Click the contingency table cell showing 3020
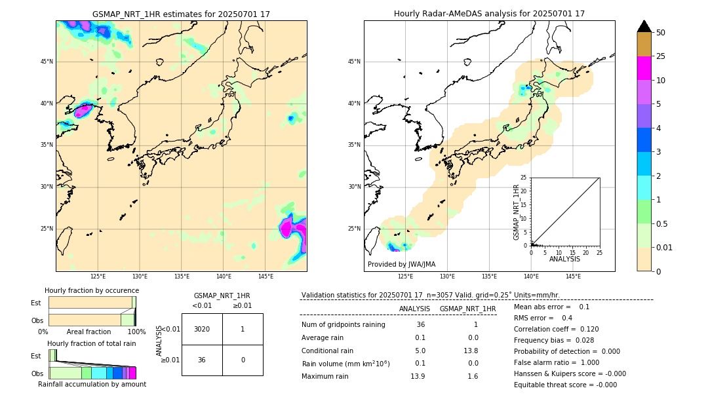(202, 329)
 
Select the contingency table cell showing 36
(202, 360)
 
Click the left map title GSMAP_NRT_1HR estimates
(181, 14)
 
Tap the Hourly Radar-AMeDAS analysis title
(489, 14)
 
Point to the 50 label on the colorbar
(661, 33)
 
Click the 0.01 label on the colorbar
(664, 248)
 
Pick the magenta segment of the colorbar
(644, 68)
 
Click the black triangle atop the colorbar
(644, 26)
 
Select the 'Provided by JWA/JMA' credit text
(401, 264)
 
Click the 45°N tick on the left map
(46, 62)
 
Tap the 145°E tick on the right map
(573, 277)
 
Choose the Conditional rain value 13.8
(468, 351)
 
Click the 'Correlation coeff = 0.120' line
(556, 329)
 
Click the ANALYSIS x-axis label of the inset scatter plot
(564, 259)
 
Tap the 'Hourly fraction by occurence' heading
(92, 290)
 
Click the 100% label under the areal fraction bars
(136, 332)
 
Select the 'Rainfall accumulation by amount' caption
(92, 384)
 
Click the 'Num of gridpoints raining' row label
(343, 325)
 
